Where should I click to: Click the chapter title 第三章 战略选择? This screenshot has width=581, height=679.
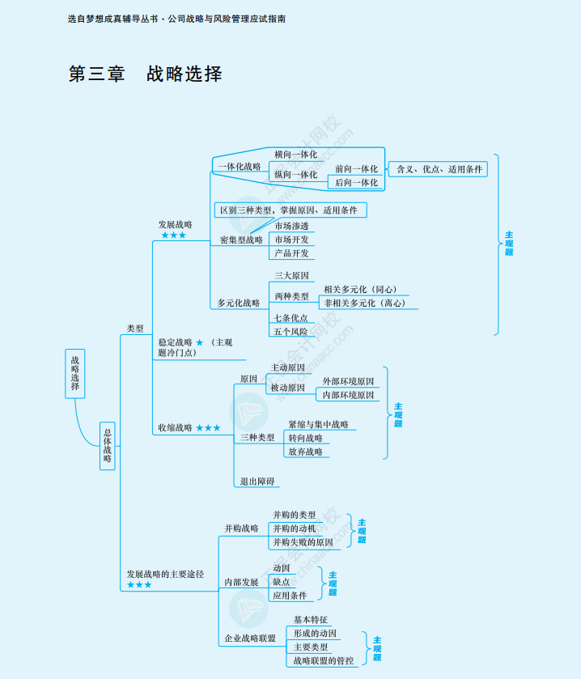[x=146, y=74]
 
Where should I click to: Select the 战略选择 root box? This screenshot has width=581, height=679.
[x=75, y=373]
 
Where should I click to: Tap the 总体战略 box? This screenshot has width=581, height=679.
[x=108, y=446]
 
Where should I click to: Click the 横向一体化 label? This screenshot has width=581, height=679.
[x=295, y=154]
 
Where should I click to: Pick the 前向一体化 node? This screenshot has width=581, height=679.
[x=356, y=168]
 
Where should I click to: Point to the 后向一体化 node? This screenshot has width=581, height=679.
[x=356, y=183]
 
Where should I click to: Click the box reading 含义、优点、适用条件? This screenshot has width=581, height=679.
[x=439, y=169]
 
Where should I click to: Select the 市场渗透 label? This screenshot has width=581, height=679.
[x=291, y=226]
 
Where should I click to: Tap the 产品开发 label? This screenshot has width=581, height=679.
[x=291, y=253]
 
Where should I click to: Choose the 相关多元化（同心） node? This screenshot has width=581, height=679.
[x=360, y=289]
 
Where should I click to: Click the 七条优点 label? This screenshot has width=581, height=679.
[x=290, y=318]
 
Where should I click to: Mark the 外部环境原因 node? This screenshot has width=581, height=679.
[x=348, y=381]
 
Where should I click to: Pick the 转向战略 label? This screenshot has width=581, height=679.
[x=305, y=438]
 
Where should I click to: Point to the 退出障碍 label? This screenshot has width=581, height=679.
[x=257, y=482]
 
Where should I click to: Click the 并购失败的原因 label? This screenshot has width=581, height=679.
[x=303, y=542]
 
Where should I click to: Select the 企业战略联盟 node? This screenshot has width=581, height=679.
[x=250, y=639]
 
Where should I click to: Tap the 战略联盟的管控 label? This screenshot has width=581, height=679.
[x=323, y=660]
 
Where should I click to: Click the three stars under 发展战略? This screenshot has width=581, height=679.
[x=173, y=236]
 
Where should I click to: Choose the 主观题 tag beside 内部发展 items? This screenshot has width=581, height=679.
[x=333, y=583]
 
